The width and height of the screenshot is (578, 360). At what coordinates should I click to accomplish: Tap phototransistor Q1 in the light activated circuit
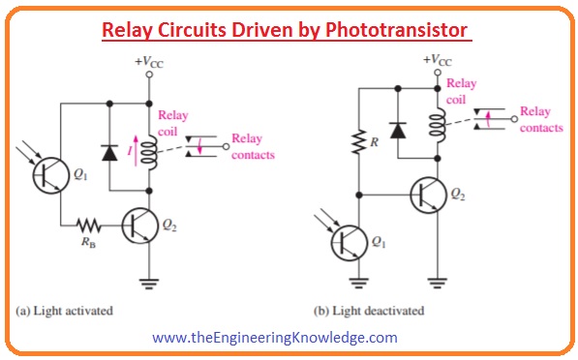(x=49, y=175)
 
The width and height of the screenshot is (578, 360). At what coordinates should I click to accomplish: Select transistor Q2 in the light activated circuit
(x=140, y=226)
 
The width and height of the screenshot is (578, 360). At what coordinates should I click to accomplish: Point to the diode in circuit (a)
(x=110, y=151)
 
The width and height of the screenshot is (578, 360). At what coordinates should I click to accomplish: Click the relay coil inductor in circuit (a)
(x=148, y=153)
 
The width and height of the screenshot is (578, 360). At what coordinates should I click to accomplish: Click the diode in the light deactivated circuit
(x=396, y=130)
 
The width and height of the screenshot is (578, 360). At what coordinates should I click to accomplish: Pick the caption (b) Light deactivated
(x=371, y=312)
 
